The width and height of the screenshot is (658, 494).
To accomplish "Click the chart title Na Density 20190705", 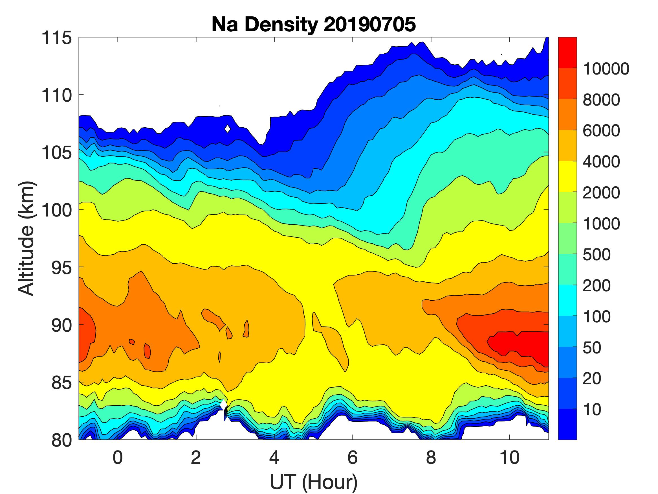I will pos(314,24).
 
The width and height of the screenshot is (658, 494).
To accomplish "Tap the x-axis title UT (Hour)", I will pos(314,482).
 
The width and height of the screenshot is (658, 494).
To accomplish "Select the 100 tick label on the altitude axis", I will pos(56,210).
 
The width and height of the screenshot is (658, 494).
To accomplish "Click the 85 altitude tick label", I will pos(62,382).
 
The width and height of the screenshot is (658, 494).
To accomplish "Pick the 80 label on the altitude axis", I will pos(62,440).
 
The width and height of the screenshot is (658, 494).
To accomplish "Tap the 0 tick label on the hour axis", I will pos(118,457).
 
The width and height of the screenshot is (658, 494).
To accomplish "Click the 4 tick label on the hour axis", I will pos(274,457).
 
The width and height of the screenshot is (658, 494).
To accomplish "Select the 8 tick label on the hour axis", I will pos(431,457).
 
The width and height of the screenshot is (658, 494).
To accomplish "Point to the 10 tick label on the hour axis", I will pos(509,457).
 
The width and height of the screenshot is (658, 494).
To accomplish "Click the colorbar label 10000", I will pos(606,69).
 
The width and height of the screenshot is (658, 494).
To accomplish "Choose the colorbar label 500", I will pos(597,255).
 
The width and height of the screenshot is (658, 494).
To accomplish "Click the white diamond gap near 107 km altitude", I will pos(228,129).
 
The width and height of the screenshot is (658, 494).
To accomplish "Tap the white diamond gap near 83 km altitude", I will pos(224,405).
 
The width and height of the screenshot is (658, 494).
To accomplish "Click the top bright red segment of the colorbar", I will pos(567,53).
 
